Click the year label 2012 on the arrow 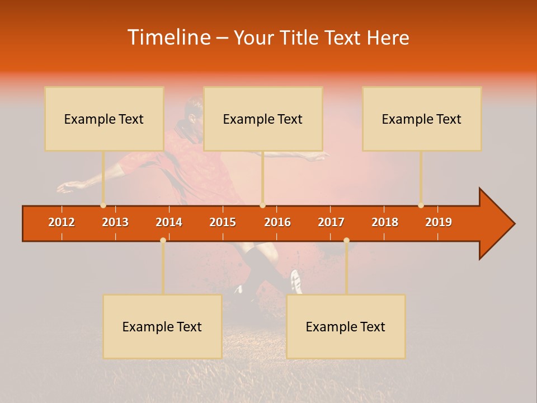pyautogui.click(x=62, y=222)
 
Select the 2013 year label pyautogui.click(x=115, y=222)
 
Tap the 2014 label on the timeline pyautogui.click(x=169, y=222)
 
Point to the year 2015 pyautogui.click(x=223, y=222)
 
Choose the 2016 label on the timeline pyautogui.click(x=277, y=222)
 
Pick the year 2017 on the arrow pyautogui.click(x=331, y=222)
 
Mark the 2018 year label pyautogui.click(x=385, y=222)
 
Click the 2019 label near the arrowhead pyautogui.click(x=439, y=222)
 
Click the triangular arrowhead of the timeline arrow pyautogui.click(x=495, y=224)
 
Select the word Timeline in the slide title pyautogui.click(x=168, y=38)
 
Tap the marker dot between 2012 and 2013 pyautogui.click(x=103, y=205)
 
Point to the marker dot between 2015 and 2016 pyautogui.click(x=262, y=205)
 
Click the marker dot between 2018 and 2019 pyautogui.click(x=421, y=205)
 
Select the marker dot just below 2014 pyautogui.click(x=163, y=240)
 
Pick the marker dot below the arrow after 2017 pyautogui.click(x=346, y=240)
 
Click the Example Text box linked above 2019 pyautogui.click(x=422, y=119)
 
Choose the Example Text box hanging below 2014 pyautogui.click(x=162, y=326)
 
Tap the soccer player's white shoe pyautogui.click(x=296, y=281)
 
